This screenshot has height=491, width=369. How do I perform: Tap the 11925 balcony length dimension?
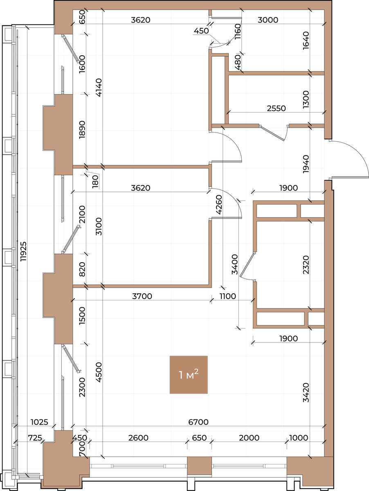[x=23, y=251]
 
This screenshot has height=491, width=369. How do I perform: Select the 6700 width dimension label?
[x=198, y=422]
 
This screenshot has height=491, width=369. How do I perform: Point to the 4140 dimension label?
[x=99, y=88]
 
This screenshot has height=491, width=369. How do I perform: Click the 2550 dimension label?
[x=276, y=108]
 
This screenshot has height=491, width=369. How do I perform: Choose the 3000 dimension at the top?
[x=268, y=20]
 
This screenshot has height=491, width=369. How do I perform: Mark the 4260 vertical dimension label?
[x=219, y=205]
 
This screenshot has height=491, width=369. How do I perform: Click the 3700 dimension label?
[x=142, y=296]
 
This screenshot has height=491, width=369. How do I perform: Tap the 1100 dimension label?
[x=228, y=296]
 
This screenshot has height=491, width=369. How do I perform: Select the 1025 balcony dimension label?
[x=39, y=422]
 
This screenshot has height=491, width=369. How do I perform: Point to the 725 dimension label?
[x=35, y=437]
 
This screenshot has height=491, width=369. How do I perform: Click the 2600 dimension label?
[x=138, y=437]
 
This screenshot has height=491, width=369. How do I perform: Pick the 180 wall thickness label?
[x=95, y=181]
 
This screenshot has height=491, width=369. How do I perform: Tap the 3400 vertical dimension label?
[x=234, y=264]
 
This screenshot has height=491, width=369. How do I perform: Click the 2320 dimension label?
[x=306, y=265]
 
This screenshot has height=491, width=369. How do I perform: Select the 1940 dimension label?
[x=306, y=164]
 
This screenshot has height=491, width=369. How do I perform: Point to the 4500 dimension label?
[x=99, y=372]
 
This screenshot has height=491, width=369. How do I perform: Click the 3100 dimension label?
[x=99, y=226]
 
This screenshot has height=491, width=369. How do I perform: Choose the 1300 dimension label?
[x=306, y=99]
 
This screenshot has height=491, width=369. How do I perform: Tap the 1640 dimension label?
[x=306, y=41]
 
